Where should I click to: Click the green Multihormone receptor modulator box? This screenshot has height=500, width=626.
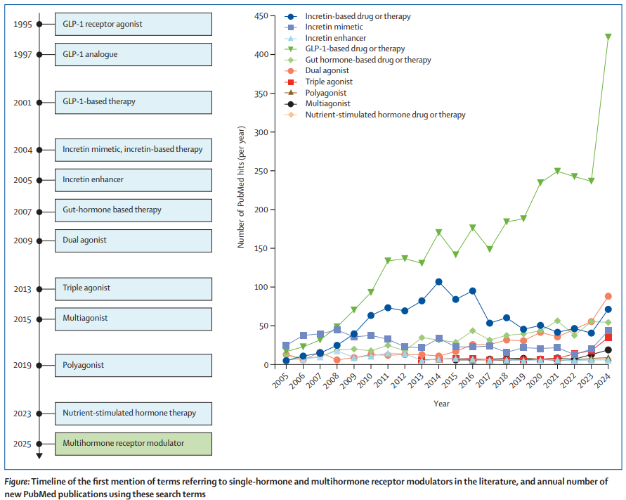(133, 443)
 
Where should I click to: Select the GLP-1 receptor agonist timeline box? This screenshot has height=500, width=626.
(133, 24)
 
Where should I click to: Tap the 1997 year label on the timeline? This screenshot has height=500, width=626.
(22, 54)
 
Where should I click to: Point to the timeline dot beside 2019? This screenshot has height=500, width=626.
(39, 366)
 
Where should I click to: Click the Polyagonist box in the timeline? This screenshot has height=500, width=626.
(133, 366)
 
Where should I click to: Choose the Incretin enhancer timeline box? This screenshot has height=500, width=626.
(133, 179)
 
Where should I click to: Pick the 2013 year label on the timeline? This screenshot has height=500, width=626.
(22, 288)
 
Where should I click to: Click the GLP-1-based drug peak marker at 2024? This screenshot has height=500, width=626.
(608, 37)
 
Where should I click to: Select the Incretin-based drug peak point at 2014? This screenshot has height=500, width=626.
(438, 282)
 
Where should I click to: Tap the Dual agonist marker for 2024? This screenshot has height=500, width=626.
(608, 296)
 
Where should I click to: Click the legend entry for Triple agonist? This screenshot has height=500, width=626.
(328, 82)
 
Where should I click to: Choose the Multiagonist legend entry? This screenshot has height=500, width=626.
(327, 103)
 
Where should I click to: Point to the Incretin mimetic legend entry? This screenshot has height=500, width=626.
(333, 27)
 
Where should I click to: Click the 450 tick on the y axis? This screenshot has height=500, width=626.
(263, 15)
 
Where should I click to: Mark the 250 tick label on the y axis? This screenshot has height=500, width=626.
(263, 171)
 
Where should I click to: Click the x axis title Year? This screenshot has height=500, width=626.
(441, 404)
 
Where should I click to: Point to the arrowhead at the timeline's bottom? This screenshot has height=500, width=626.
(39, 456)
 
